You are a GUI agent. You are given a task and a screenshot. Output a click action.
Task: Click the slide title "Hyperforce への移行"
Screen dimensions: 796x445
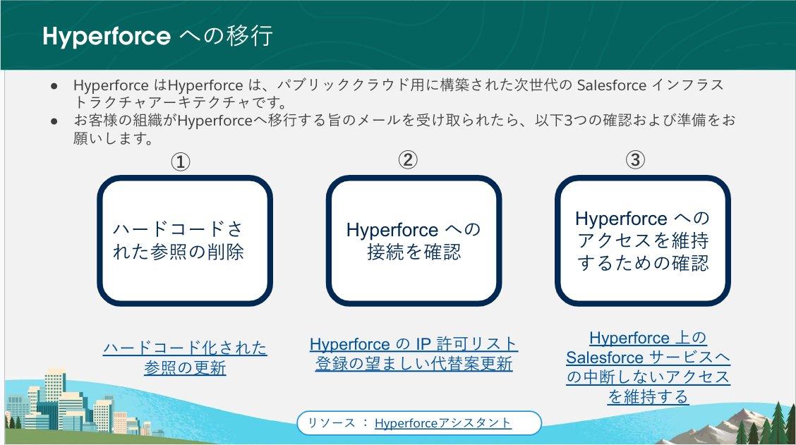click(x=158, y=36)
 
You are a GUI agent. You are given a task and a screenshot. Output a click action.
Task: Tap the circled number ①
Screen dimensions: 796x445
click(x=180, y=162)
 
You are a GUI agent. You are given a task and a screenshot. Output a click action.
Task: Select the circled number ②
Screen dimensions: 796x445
click(x=408, y=160)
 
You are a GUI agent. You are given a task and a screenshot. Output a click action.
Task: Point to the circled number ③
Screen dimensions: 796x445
click(x=635, y=160)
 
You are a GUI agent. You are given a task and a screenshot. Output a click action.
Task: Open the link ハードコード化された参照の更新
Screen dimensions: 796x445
click(x=185, y=358)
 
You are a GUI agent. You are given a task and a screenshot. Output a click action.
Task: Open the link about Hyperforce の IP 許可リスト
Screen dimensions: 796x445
click(x=414, y=353)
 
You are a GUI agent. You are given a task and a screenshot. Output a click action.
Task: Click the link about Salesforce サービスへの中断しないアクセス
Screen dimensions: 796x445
click(x=649, y=367)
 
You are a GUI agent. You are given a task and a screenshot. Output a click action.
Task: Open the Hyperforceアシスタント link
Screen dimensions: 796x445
click(x=442, y=422)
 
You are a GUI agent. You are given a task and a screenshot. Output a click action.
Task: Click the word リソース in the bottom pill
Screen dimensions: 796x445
click(x=332, y=422)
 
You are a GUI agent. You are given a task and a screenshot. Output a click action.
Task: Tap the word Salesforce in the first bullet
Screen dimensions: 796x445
click(x=611, y=85)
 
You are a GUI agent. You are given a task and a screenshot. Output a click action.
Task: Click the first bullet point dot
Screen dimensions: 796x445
click(x=54, y=86)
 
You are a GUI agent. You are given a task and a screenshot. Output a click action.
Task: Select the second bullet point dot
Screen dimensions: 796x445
click(x=54, y=121)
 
